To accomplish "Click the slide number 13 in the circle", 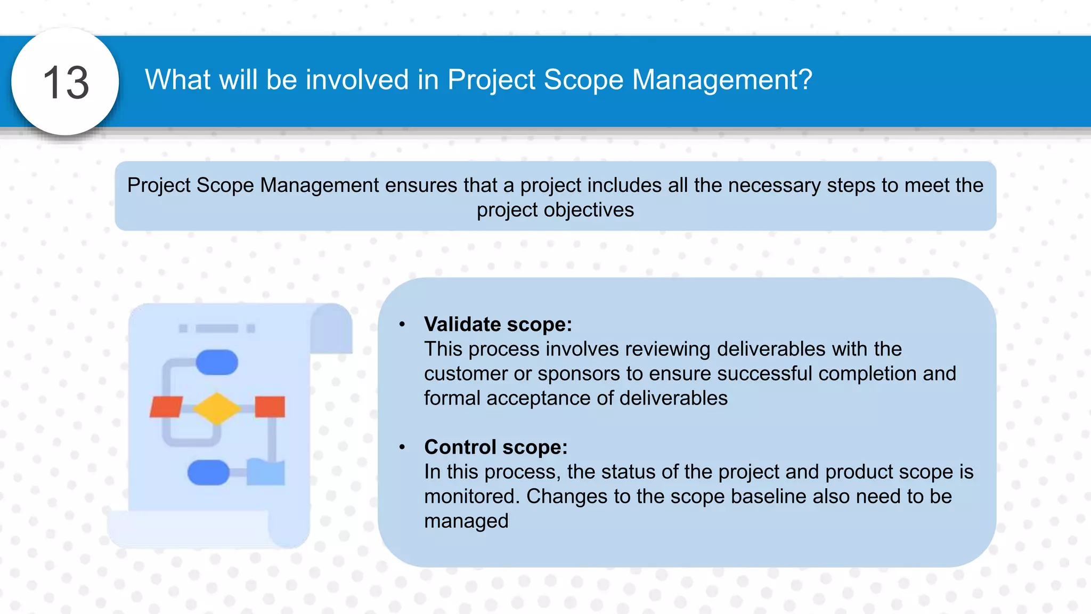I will pyautogui.click(x=66, y=83).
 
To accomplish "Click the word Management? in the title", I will pyautogui.click(x=722, y=80).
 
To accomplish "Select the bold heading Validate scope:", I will pyautogui.click(x=498, y=324).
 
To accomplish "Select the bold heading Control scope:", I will pyautogui.click(x=495, y=447).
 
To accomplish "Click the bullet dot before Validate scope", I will pyautogui.click(x=402, y=324).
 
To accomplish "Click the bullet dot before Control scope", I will pyautogui.click(x=402, y=447).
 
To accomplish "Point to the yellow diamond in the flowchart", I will pyautogui.click(x=217, y=409).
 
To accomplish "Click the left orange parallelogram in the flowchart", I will pyautogui.click(x=166, y=407).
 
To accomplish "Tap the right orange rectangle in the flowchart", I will pyautogui.click(x=270, y=407).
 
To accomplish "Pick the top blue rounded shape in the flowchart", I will pyautogui.click(x=217, y=362).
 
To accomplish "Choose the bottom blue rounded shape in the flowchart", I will pyautogui.click(x=208, y=472).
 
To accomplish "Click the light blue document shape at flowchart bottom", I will pyautogui.click(x=265, y=472).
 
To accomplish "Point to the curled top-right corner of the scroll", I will pyautogui.click(x=331, y=328).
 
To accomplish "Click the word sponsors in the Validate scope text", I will pyautogui.click(x=579, y=374).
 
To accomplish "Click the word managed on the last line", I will pyautogui.click(x=466, y=521).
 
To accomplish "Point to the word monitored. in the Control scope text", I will pyautogui.click(x=471, y=496).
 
